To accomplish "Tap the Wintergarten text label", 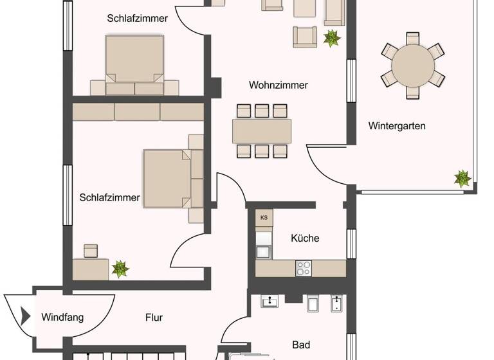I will pos(397,126).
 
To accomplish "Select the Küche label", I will pos(305,238).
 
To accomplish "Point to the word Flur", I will pos(154,318).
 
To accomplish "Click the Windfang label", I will pos(62,318).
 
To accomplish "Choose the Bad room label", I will pos(301,345).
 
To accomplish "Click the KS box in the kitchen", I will pos(264,218).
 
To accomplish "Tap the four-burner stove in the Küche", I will pos(304,268).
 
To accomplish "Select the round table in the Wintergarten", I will pos(413,65).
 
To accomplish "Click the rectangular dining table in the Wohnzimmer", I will pos(262,131).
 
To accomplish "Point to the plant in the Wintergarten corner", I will pos(462,178).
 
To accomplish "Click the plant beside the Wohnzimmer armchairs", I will pos(331,38).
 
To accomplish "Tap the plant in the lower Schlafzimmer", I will pos(120,268).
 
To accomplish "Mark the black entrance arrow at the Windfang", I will pos(26,316).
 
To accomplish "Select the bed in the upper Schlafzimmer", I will pos(134,59).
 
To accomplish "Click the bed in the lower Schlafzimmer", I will pos(169,178).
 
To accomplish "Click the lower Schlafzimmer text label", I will pos(109,198).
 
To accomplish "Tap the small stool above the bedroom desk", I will pos(91,250).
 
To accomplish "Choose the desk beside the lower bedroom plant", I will pos(91,269).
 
